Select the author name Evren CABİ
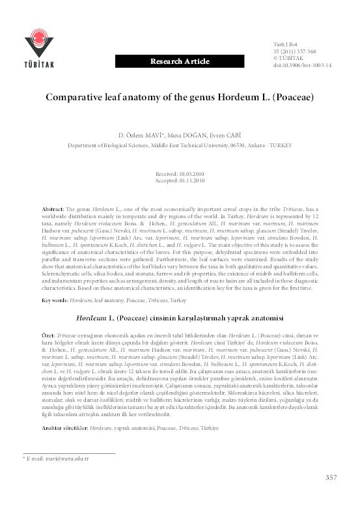[226, 134]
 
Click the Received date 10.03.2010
[180, 175]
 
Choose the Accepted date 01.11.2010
[180, 182]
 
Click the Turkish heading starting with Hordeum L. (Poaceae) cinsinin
[180, 318]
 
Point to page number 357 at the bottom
[331, 477]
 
